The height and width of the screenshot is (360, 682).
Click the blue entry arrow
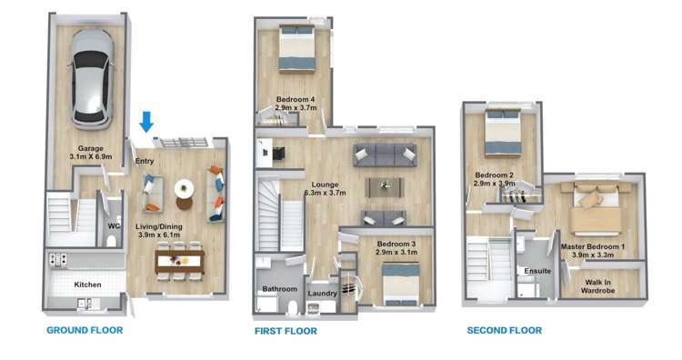146,122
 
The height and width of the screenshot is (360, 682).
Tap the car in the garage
90,80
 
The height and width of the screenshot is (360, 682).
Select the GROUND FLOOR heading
85,330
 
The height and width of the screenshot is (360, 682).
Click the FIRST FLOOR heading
286,331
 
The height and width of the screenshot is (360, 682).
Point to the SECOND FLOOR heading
505,330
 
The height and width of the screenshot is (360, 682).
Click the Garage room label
90,148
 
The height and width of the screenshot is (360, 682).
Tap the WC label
114,226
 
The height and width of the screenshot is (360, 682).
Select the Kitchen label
87,285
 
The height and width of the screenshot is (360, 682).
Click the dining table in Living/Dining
180,261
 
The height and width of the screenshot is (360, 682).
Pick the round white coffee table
185,189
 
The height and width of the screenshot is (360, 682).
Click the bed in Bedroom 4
296,47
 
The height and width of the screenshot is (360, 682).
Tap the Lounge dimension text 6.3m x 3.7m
326,193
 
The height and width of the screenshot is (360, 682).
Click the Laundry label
322,294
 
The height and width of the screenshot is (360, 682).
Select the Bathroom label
280,289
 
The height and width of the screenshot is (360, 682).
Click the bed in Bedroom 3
401,285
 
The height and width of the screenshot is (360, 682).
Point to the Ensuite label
537,271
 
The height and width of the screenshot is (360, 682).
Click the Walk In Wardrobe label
598,286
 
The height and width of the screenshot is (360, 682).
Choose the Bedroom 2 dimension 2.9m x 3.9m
494,183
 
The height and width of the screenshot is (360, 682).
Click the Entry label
145,161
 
